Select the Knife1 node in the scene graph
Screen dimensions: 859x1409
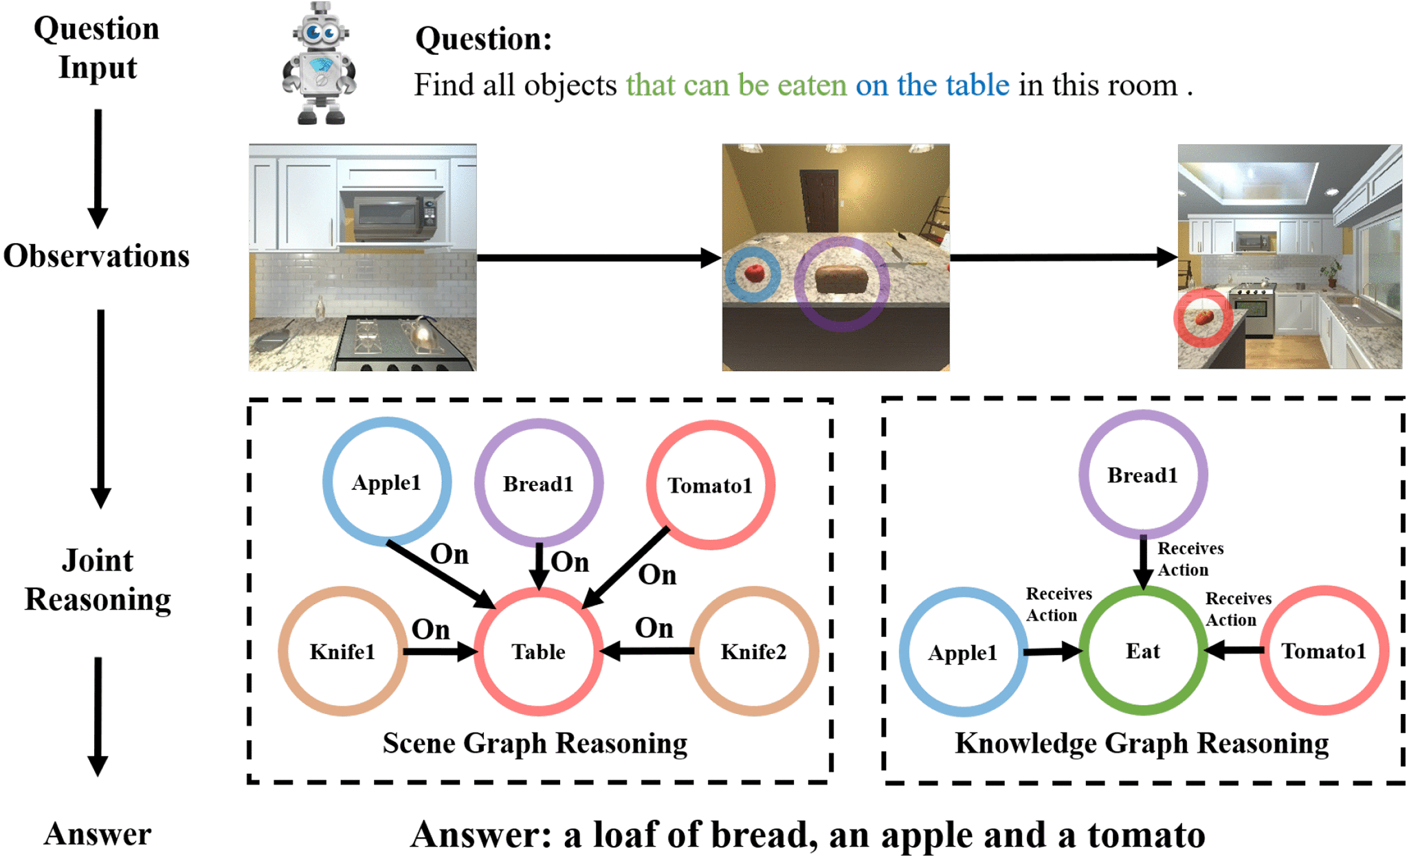[342, 651]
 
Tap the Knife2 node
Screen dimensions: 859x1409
[753, 651]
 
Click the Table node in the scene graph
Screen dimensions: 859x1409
[538, 651]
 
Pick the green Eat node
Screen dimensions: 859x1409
[1142, 650]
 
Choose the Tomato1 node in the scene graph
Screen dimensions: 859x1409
[710, 485]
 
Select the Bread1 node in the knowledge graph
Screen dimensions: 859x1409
[1142, 475]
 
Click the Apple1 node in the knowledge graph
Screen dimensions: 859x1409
[962, 651]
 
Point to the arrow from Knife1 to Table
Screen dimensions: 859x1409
[441, 651]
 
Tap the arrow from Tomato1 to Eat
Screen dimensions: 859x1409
[1234, 650]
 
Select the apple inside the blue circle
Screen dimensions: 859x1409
[754, 274]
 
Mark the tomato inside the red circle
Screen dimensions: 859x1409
[1203, 317]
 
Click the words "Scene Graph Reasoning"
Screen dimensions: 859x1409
[535, 743]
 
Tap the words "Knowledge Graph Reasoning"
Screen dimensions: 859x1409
[1142, 743]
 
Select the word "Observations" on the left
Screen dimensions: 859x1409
[96, 256]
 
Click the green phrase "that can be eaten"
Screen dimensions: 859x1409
[735, 85]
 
